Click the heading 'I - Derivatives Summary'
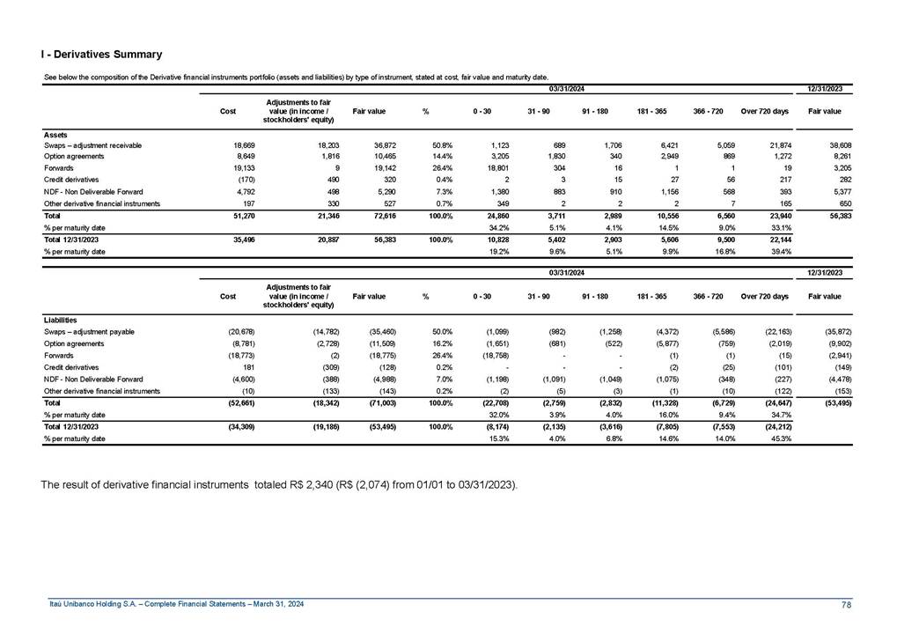[x=100, y=55]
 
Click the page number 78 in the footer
[x=847, y=604]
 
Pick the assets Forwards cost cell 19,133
[x=233, y=167]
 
